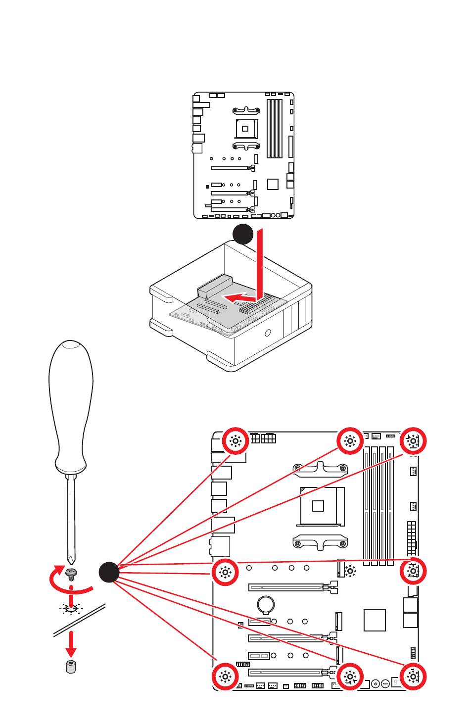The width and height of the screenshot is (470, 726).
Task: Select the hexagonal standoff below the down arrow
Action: tap(71, 667)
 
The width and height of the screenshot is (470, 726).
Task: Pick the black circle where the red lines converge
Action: tap(109, 573)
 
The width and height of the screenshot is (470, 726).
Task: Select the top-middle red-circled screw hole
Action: tap(350, 441)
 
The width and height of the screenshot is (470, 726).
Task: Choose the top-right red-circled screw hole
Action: tap(413, 441)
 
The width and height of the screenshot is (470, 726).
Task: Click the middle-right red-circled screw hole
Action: tap(413, 571)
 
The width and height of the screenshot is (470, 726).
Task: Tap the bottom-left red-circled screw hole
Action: tap(225, 677)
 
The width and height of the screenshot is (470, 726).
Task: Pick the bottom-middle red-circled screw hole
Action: tap(350, 677)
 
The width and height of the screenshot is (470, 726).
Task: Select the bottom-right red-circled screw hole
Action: tap(413, 677)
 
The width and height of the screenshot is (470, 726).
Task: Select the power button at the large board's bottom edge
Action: tap(376, 683)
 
